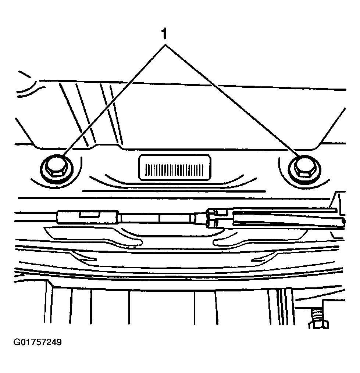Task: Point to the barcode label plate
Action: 175,167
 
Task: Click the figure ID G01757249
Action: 38,342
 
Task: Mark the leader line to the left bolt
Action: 114,100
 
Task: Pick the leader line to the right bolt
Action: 232,100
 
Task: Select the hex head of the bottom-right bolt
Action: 318,325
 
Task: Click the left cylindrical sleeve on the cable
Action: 88,216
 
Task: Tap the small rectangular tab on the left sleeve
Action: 89,215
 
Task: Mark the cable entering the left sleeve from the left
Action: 36,216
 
